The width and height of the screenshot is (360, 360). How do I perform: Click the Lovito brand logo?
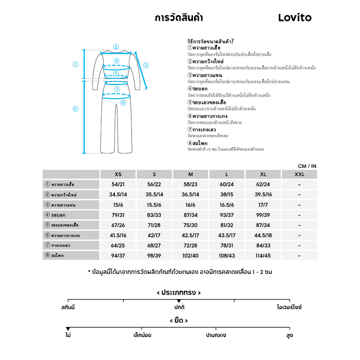click(295, 18)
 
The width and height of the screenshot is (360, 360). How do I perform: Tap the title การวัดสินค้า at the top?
click(179, 18)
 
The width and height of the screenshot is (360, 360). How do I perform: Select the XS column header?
click(118, 174)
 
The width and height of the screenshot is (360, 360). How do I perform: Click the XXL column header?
click(299, 174)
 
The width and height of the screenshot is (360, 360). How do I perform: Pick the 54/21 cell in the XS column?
click(118, 185)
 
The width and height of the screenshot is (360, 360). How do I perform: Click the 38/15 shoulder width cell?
click(227, 195)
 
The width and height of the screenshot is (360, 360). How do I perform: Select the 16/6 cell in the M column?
click(191, 205)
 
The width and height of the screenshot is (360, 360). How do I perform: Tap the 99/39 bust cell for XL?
click(263, 215)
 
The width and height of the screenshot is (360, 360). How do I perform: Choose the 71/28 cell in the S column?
click(154, 225)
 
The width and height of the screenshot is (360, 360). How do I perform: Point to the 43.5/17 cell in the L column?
click(227, 236)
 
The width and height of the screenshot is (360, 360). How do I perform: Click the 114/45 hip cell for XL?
click(263, 256)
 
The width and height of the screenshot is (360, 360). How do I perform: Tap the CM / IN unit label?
click(307, 166)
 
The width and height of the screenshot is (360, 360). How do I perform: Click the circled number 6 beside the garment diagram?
click(75, 109)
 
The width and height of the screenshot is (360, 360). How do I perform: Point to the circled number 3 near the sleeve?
click(146, 65)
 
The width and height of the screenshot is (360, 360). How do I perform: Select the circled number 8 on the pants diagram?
click(123, 103)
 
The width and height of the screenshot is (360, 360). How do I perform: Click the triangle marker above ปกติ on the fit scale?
click(179, 301)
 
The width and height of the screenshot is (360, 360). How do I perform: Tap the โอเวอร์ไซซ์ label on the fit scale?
click(289, 307)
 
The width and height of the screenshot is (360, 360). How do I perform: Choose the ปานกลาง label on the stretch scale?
click(216, 335)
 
